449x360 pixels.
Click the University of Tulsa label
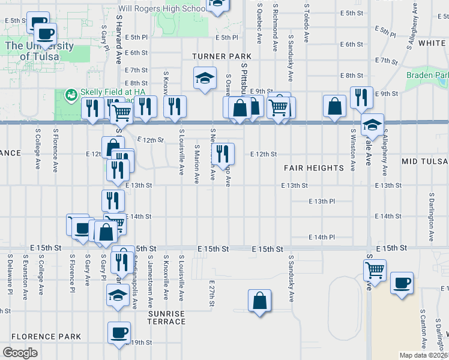point(39,51)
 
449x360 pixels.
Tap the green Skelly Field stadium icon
point(71,94)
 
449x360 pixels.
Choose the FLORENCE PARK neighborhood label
point(46,337)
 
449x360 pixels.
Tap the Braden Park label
point(427,75)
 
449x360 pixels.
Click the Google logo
point(20,352)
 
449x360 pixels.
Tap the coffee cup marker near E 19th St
point(119,332)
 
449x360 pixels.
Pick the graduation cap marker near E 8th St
point(205,79)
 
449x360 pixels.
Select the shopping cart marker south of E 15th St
point(375,271)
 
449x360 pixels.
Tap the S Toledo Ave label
point(306,24)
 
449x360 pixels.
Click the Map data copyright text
point(423,355)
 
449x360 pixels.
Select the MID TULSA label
point(425,162)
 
